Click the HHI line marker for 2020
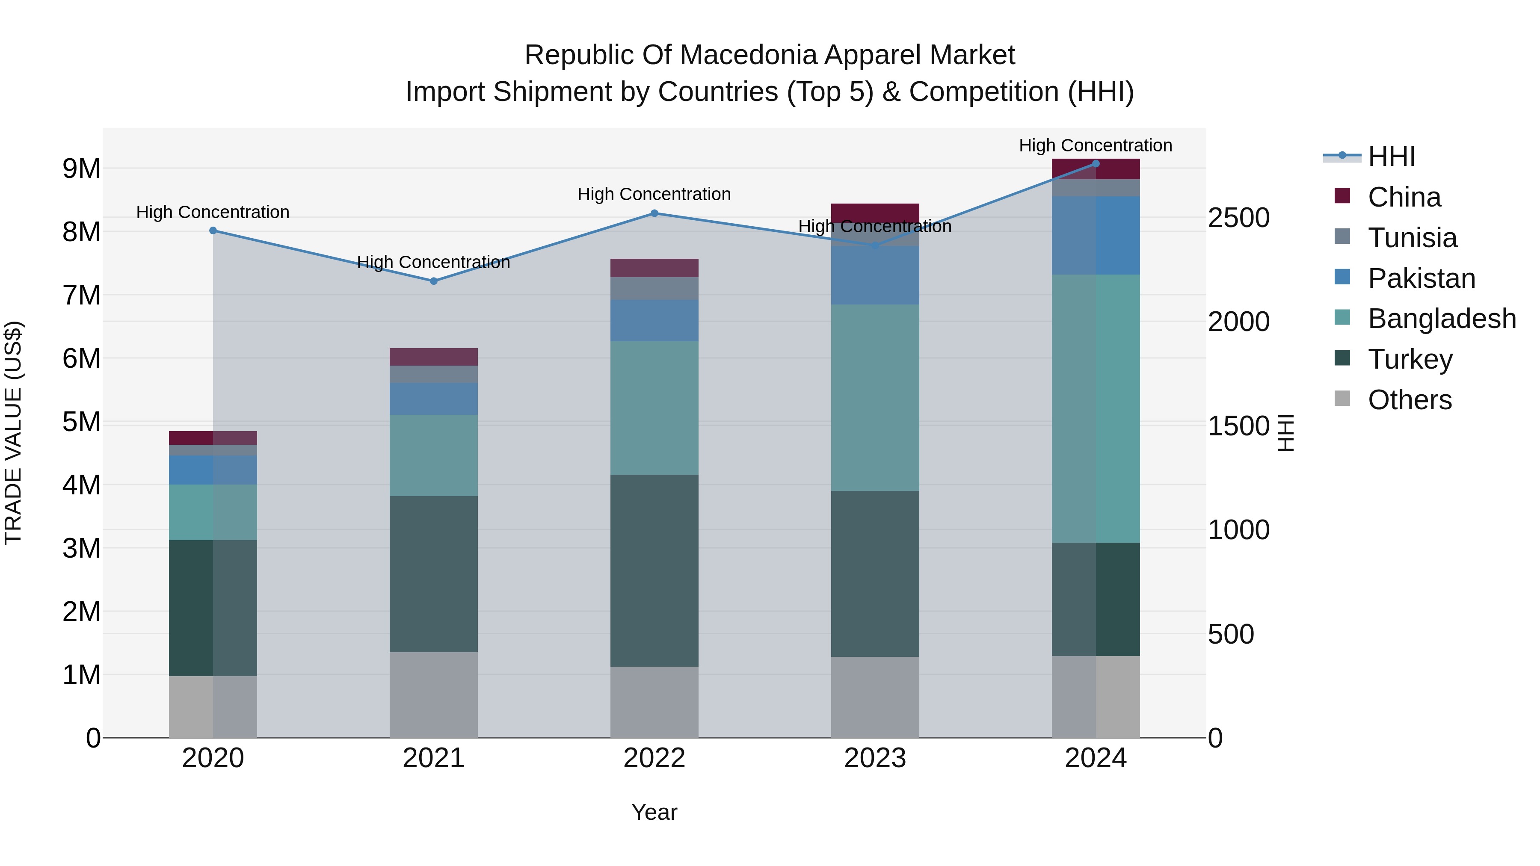tap(213, 231)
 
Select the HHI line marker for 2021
tap(433, 281)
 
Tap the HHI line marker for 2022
tap(654, 213)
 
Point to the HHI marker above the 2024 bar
tap(1096, 163)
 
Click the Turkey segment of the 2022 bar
tap(654, 571)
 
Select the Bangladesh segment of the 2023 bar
tap(875, 397)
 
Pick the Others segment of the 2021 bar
tap(433, 695)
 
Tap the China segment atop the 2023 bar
tap(875, 212)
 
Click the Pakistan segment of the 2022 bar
tap(654, 320)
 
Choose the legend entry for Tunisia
tap(1412, 238)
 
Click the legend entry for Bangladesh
tap(1441, 319)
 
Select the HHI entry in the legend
tap(1391, 157)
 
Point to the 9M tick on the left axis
tap(82, 169)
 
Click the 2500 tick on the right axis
tap(1238, 218)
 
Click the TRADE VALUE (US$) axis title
tap(13, 433)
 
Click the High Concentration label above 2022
tap(654, 194)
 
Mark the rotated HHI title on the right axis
tap(1285, 433)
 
